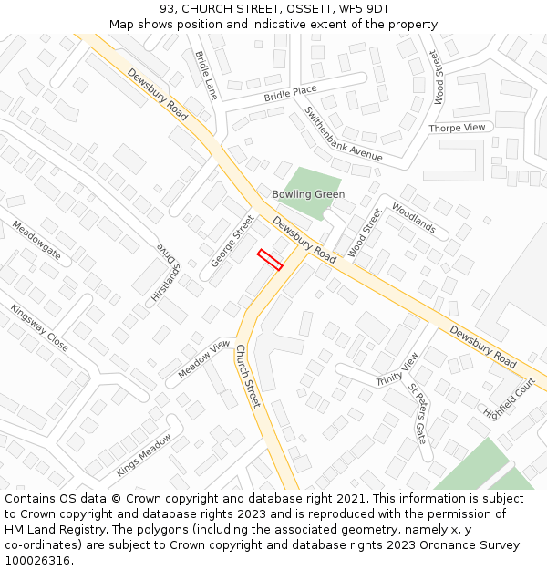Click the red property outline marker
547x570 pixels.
(x=269, y=259)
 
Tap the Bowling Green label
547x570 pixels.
(x=308, y=194)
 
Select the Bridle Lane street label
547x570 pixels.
(x=206, y=75)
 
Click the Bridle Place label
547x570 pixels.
(x=290, y=93)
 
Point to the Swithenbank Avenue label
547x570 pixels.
(x=344, y=134)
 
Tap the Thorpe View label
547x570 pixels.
(x=457, y=128)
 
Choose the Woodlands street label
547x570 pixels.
(x=414, y=219)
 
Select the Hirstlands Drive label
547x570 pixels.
(x=168, y=271)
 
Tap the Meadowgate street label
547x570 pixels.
(x=37, y=240)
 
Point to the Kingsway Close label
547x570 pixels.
(x=39, y=328)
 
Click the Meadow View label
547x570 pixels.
(x=204, y=358)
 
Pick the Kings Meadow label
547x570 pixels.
(x=143, y=455)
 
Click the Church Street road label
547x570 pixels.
(x=248, y=376)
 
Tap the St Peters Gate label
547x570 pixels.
(x=418, y=413)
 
